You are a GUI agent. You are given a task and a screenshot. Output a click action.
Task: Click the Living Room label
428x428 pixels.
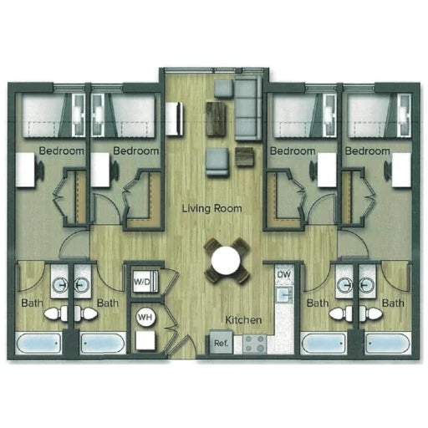click(x=211, y=208)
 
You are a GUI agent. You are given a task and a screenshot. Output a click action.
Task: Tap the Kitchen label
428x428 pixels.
click(x=243, y=320)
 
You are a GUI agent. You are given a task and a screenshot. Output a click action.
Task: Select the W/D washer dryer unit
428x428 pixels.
click(x=145, y=282)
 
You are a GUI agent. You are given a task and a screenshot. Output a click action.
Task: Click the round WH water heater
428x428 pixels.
click(x=145, y=317)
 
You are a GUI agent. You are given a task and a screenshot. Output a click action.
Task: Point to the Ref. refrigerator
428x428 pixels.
click(x=221, y=343)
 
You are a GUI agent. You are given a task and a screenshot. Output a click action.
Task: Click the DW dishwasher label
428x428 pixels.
click(x=283, y=274)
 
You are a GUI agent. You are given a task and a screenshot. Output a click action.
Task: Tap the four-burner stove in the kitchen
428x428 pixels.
click(x=254, y=344)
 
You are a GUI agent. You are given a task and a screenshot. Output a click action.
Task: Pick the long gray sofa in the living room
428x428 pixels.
click(x=248, y=108)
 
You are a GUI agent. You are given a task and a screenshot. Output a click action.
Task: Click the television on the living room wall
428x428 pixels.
click(x=175, y=119)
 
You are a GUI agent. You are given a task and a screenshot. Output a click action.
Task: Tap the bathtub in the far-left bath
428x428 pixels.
click(x=38, y=344)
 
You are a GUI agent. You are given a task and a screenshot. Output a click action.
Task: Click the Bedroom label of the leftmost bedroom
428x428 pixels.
click(x=62, y=150)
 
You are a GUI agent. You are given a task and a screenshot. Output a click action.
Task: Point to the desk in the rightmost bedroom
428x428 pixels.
click(x=401, y=170)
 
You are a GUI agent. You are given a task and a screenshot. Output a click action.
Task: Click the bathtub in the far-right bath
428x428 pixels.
click(x=388, y=344)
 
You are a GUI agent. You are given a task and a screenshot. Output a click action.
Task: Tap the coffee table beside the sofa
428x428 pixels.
click(x=216, y=119)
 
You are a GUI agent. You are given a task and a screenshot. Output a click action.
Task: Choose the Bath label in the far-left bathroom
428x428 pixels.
click(x=33, y=303)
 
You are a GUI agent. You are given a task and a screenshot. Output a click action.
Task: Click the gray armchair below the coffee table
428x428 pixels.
click(x=217, y=162)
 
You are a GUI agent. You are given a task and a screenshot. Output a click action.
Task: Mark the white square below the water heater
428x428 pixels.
click(x=145, y=340)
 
